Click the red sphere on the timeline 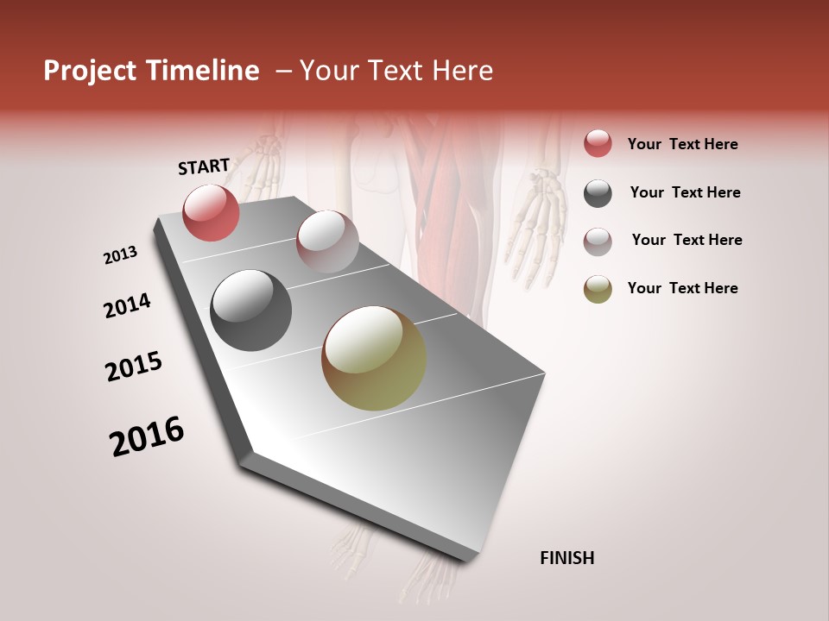tap(211, 212)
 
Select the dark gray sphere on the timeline tap(250, 310)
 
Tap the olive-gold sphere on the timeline tap(374, 358)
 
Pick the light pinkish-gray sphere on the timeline tap(327, 241)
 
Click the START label tap(204, 166)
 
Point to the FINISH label tap(567, 558)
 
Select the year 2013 tap(121, 255)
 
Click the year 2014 tap(127, 306)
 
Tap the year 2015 tap(134, 367)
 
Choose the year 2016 tap(147, 436)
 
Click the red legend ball tap(598, 143)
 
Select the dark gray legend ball tap(598, 193)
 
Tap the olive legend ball tap(598, 289)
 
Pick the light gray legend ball tap(598, 241)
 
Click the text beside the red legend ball tap(682, 144)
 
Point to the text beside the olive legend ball tap(682, 288)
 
